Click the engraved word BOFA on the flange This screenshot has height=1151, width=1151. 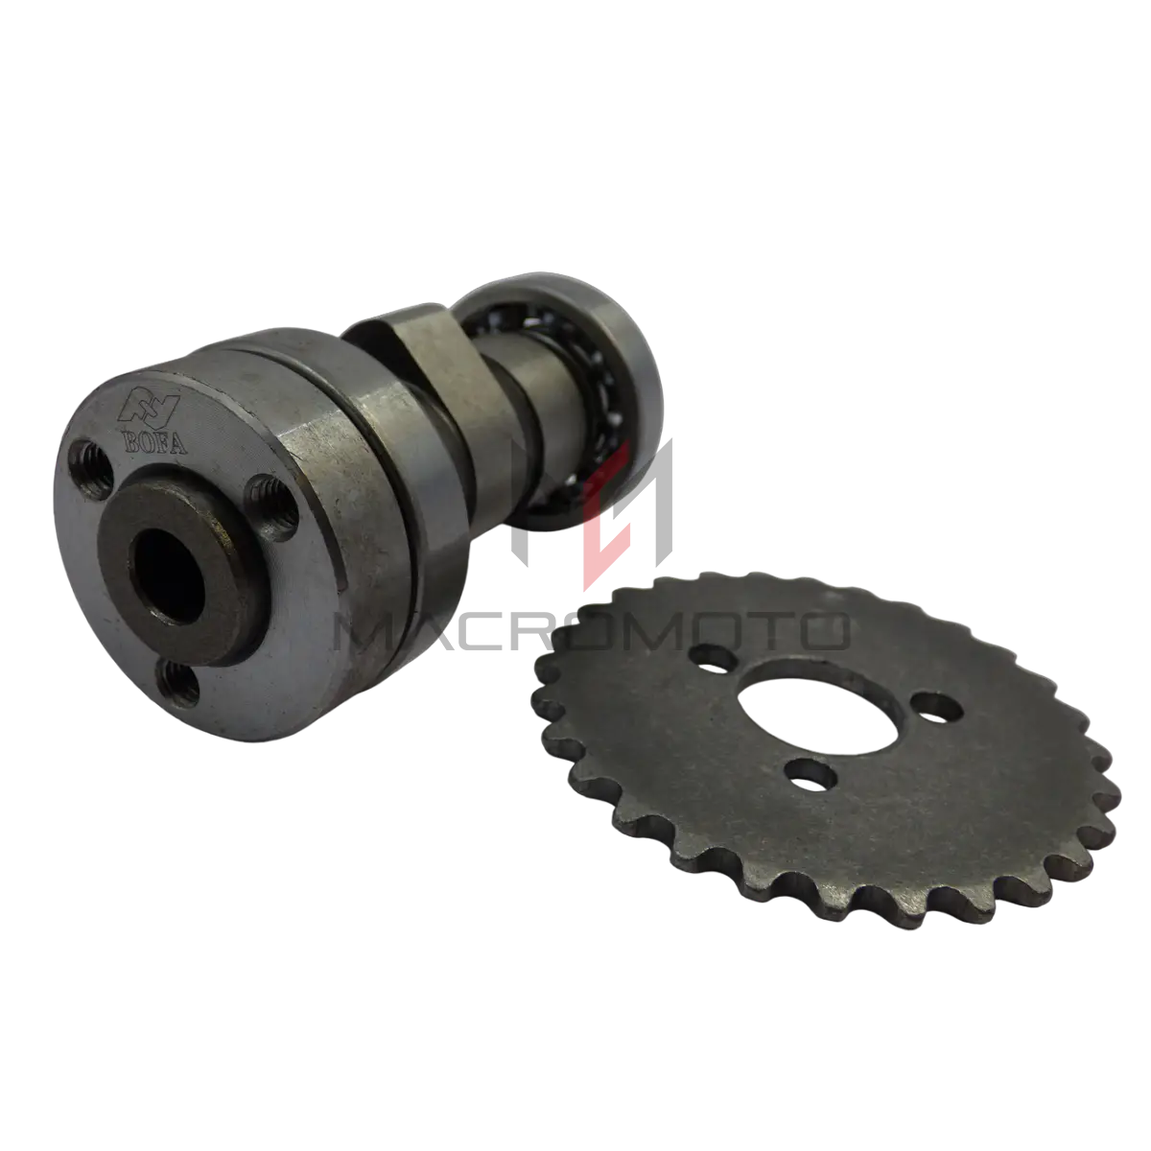154,442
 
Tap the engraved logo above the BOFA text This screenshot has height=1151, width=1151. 150,408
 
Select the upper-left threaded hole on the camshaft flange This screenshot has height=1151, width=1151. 91,469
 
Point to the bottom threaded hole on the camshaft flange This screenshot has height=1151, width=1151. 177,683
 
